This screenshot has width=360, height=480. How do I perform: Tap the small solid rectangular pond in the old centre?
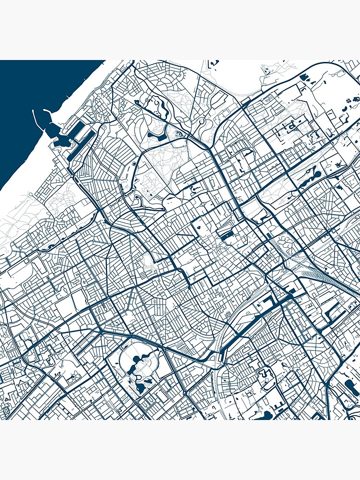226,235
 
